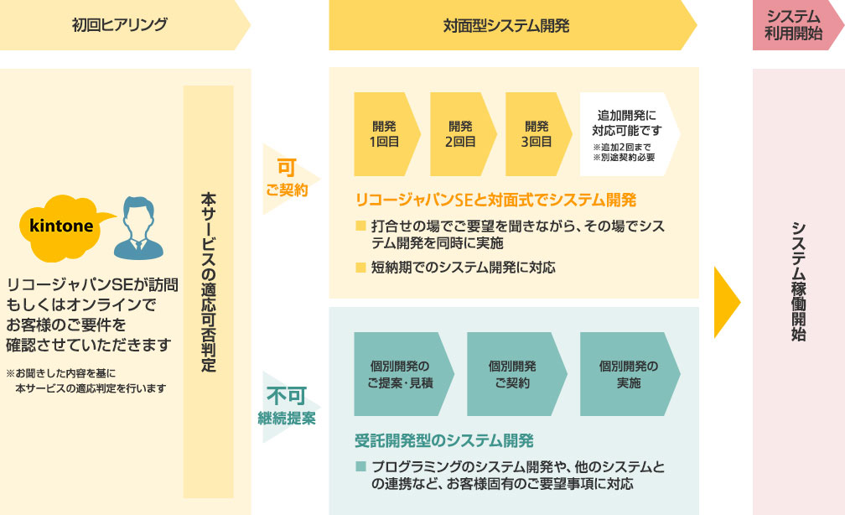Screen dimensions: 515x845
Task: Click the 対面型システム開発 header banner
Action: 506,26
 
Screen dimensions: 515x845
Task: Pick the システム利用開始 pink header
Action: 792,25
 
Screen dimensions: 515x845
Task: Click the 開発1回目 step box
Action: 384,134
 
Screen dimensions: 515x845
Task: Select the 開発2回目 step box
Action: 459,134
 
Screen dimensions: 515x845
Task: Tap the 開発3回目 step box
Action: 536,134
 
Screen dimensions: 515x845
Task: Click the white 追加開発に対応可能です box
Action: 626,134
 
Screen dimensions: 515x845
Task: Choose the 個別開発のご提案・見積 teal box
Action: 400,374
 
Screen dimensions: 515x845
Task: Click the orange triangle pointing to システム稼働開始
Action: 726,302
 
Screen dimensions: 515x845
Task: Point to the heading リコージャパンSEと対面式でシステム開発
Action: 496,200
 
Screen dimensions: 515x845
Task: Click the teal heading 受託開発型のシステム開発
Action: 444,440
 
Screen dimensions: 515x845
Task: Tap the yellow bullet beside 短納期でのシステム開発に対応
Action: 361,268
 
